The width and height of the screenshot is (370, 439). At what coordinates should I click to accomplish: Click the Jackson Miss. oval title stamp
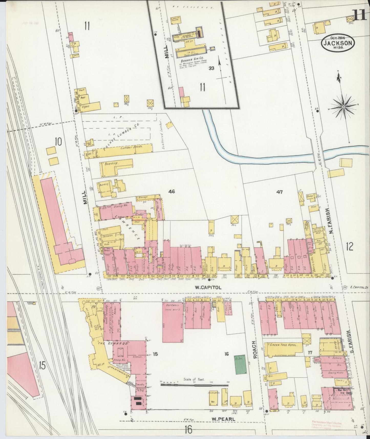tap(338, 43)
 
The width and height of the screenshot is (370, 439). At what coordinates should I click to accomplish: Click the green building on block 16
tap(239, 364)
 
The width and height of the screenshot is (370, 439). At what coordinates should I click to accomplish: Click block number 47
tap(279, 192)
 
